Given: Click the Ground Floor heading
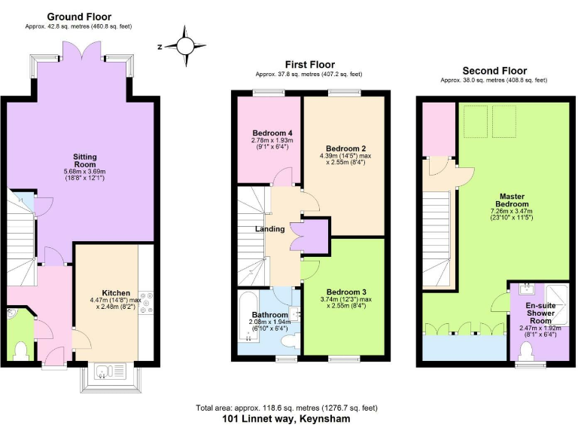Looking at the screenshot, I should coord(79,16).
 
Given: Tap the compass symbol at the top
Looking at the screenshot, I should coord(184,44).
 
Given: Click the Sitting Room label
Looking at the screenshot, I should coord(84,160).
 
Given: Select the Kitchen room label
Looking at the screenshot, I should coord(116,293).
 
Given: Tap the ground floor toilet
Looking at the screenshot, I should coord(21,350).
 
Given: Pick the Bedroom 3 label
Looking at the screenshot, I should coord(345,292).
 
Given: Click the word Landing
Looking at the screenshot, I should coord(269,229).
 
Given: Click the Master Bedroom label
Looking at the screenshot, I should coord(511,200).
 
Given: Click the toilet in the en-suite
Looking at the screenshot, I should coord(525,350).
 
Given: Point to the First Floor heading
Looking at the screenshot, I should coord(309,65).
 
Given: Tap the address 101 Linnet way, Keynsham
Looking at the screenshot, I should coord(286,418).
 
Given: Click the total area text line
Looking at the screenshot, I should coord(286,408).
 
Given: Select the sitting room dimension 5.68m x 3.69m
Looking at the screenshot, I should coord(84,172).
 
